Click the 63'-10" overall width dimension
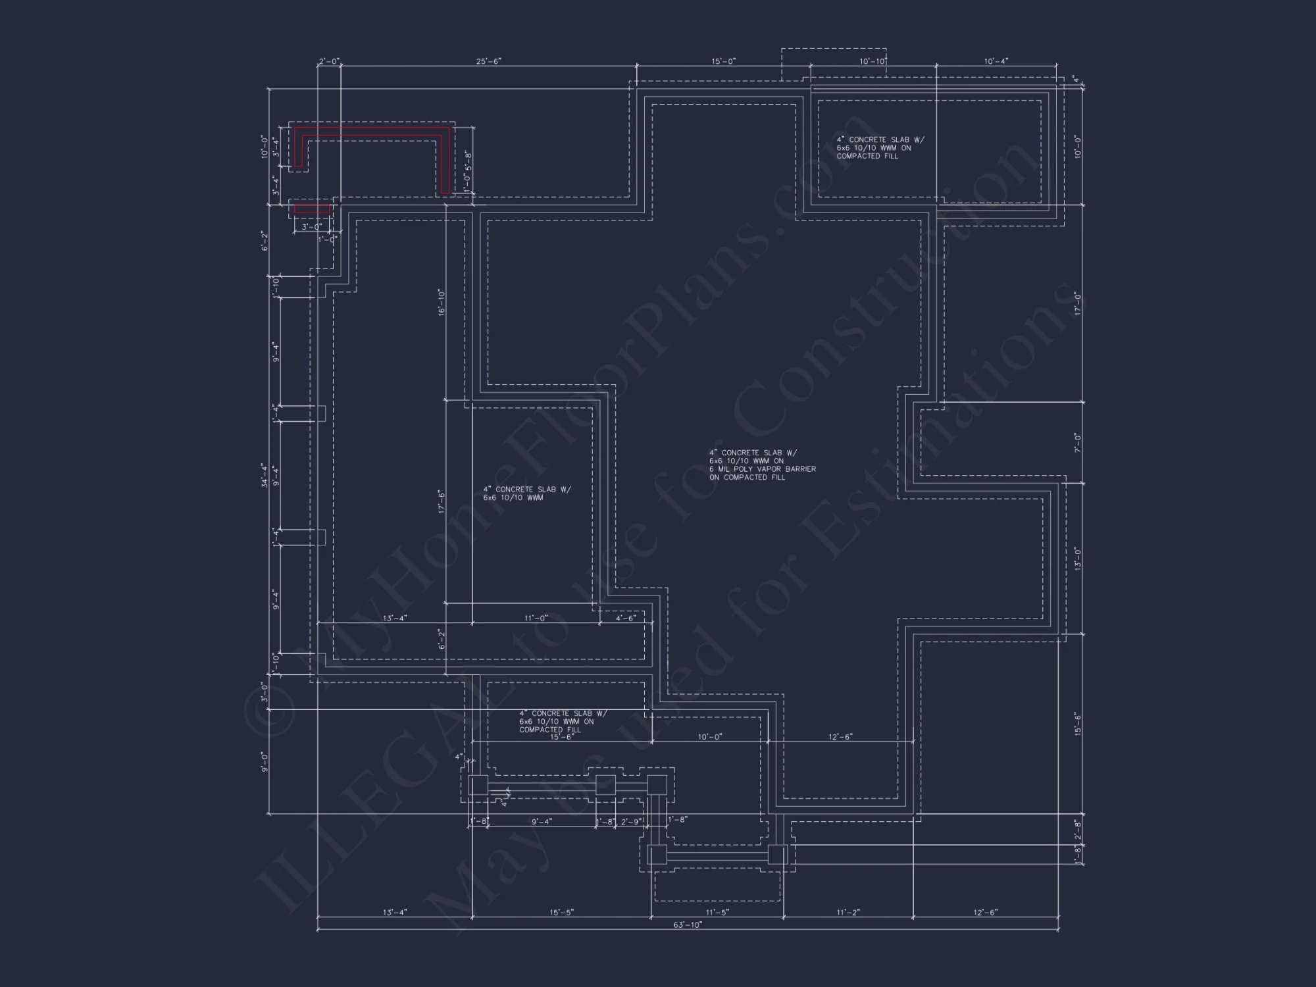[x=688, y=924]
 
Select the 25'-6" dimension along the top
[x=489, y=61]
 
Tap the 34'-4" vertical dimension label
[x=265, y=475]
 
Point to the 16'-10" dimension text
[x=442, y=302]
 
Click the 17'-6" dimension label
[x=442, y=501]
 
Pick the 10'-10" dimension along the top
[x=873, y=61]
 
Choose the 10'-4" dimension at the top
[x=996, y=61]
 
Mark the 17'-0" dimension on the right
[x=1078, y=304]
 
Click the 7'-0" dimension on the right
[x=1078, y=442]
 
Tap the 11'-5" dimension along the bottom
[x=717, y=913]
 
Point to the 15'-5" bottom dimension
[x=561, y=913]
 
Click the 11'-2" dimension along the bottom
[x=848, y=913]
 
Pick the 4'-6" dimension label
[x=626, y=618]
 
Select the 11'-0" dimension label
[x=536, y=618]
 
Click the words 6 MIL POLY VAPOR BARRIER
[x=763, y=469]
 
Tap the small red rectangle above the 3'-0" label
[x=312, y=209]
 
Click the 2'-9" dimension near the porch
[x=630, y=822]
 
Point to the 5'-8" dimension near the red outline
[x=468, y=160]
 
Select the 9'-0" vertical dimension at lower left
[x=265, y=761]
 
